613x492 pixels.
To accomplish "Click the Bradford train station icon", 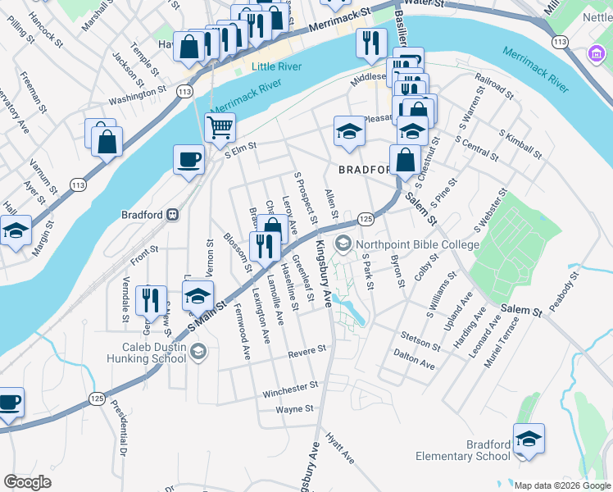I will click(x=172, y=215).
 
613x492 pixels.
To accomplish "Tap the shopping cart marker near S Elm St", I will click(x=220, y=128).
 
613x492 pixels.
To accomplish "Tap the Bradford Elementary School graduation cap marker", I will click(x=529, y=438).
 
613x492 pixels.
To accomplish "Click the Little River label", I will click(x=254, y=66).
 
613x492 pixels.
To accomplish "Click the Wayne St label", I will click(x=295, y=408).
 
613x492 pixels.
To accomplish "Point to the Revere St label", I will click(x=306, y=352).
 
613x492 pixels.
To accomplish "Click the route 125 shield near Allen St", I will click(x=366, y=219).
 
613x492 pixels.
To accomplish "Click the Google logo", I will click(x=27, y=482).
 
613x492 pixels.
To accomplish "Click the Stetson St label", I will click(x=420, y=338).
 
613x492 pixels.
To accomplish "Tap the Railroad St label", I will click(x=494, y=85).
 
